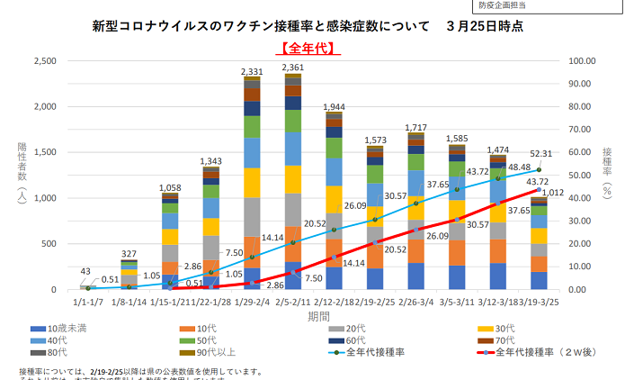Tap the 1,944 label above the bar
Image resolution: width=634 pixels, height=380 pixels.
(x=334, y=106)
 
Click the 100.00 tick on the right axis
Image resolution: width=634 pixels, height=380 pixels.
(x=585, y=61)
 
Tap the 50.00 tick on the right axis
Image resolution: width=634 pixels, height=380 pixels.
(x=585, y=176)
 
